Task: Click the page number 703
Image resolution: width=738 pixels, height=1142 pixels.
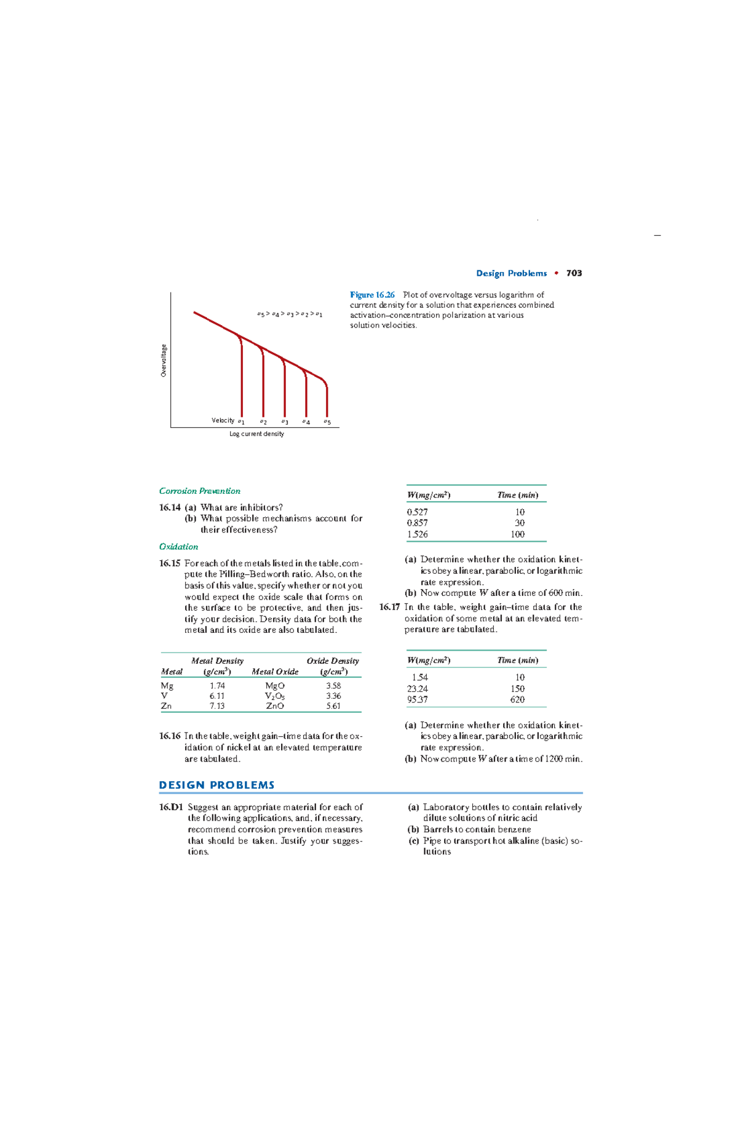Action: pos(574,273)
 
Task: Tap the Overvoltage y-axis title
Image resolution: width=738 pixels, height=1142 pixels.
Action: pos(164,361)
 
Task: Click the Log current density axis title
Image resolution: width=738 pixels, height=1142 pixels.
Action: pos(256,434)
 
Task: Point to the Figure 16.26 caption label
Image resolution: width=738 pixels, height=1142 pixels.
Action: pos(372,295)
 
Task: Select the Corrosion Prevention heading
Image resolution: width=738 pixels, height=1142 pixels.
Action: pos(199,491)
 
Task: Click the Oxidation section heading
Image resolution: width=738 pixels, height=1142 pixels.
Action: pos(178,547)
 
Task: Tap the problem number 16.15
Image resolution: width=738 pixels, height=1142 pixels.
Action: pos(169,563)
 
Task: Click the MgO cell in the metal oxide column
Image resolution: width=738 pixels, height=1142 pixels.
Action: pos(274,686)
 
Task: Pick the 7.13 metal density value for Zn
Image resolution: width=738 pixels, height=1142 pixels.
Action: pos(216,706)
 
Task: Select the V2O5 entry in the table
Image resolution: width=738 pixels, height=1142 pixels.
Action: pos(274,696)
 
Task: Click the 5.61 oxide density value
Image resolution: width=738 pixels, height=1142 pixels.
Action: pos(333,706)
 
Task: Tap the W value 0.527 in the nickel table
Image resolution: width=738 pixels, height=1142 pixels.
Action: pos(417,512)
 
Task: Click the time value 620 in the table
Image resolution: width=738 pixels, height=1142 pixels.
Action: pos(517,699)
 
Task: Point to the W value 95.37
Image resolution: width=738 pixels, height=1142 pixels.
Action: pos(417,699)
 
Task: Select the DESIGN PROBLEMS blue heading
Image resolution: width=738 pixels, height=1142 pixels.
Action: pos(216,785)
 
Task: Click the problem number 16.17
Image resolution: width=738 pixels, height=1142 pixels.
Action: pos(389,607)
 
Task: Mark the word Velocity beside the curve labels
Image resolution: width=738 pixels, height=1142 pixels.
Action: pos(223,420)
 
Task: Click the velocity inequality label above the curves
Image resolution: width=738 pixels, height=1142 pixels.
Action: pos(289,314)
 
